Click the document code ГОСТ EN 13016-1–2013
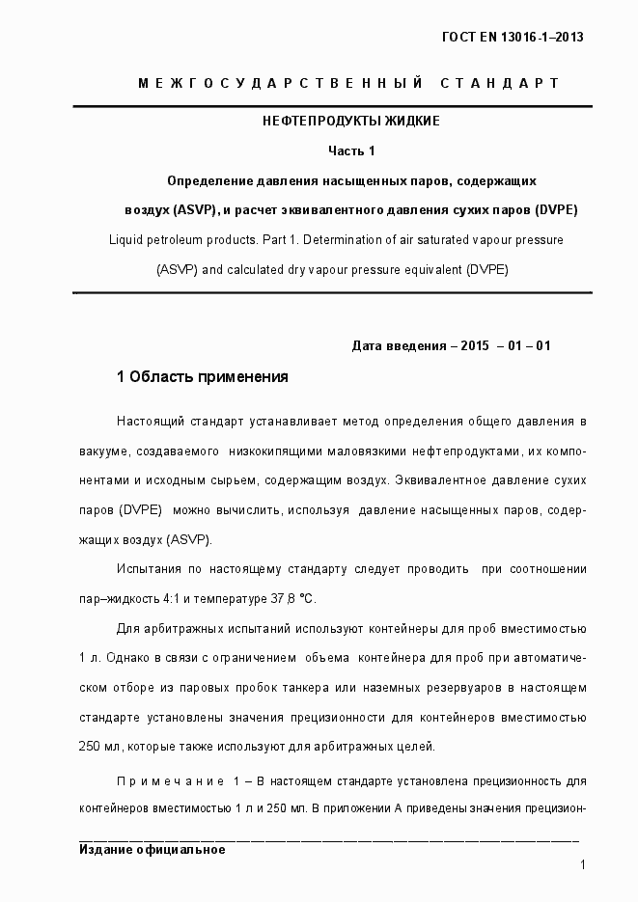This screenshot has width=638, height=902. (x=513, y=38)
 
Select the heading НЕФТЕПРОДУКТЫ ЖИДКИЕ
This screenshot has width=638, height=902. (x=351, y=122)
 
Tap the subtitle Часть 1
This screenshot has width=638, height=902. (x=351, y=150)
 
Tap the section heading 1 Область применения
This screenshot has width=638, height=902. (x=202, y=377)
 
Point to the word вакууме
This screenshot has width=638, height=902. (x=101, y=451)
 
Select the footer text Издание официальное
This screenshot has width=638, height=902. (x=152, y=850)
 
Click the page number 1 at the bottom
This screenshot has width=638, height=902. (x=583, y=866)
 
